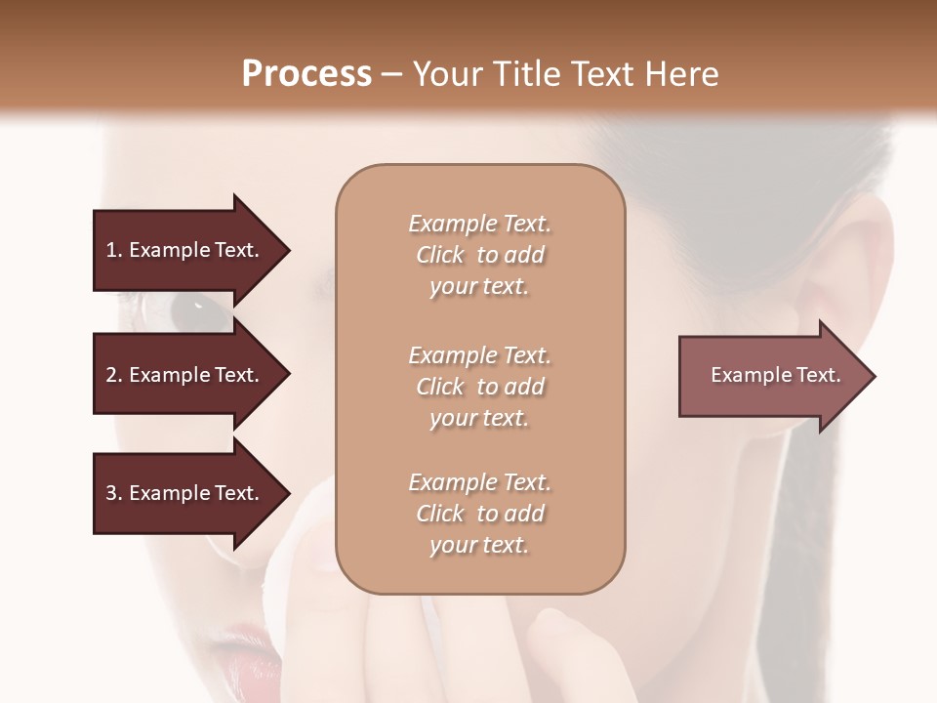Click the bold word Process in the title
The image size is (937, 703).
point(306,74)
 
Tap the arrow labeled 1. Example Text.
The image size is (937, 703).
point(185,250)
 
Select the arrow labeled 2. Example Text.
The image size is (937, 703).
point(185,375)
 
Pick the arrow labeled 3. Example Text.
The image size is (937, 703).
point(185,493)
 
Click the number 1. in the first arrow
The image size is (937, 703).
point(114,250)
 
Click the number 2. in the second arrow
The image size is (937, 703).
point(114,375)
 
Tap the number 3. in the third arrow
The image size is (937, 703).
point(114,493)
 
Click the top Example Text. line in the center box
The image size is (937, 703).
point(479,225)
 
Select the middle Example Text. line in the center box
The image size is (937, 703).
point(479,355)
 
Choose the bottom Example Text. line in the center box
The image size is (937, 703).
point(479,482)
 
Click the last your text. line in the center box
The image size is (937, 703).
point(479,545)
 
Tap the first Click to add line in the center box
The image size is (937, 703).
point(479,256)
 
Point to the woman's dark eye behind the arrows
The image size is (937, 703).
point(189,310)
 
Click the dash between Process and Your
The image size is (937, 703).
point(391,74)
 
